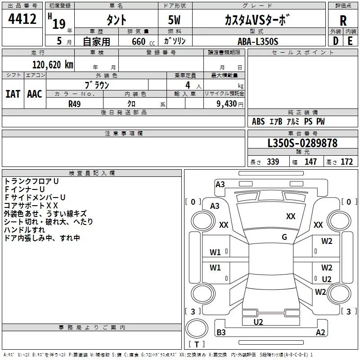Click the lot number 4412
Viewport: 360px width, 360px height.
click(22, 19)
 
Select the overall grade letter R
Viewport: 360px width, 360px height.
click(343, 21)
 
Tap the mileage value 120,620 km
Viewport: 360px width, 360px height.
click(53, 65)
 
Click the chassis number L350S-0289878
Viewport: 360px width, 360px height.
click(302, 143)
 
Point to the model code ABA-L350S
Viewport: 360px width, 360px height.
click(258, 41)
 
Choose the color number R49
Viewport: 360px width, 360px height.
click(74, 104)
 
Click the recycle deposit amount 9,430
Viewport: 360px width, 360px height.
click(226, 104)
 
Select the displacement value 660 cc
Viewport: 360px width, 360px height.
click(143, 41)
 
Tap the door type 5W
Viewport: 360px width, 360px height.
click(174, 20)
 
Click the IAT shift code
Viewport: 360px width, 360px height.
click(13, 94)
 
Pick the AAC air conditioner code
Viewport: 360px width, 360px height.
click(35, 94)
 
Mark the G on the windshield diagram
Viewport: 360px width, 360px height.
click(284, 237)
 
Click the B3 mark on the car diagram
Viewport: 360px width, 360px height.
click(221, 332)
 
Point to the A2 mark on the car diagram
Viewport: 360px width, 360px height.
click(320, 332)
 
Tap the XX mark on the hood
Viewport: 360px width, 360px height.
click(291, 216)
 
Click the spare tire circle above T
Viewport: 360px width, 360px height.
click(197, 328)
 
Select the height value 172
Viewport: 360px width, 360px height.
click(346, 162)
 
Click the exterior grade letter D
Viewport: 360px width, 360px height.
click(336, 41)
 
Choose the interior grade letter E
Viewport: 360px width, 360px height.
click(350, 41)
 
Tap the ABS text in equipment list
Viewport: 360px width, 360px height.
click(258, 121)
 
